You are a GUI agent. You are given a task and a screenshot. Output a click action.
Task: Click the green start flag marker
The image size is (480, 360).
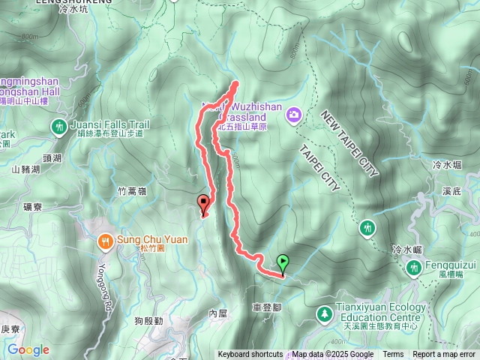tap(283, 263)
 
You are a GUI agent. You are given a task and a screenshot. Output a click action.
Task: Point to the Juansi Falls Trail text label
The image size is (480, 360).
tap(109, 124)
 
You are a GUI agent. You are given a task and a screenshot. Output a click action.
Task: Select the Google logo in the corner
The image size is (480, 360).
tap(28, 349)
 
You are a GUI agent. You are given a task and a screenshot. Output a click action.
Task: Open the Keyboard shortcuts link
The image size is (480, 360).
tap(250, 355)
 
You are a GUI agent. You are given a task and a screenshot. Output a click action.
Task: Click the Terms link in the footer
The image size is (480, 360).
tap(393, 355)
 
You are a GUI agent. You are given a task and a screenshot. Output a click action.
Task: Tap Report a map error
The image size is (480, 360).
tap(445, 355)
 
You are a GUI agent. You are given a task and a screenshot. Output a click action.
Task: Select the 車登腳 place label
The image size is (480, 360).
tap(268, 307)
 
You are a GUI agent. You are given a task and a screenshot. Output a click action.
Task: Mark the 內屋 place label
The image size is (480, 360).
tap(217, 313)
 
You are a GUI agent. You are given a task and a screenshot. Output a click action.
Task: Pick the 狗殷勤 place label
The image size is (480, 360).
tap(149, 321)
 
